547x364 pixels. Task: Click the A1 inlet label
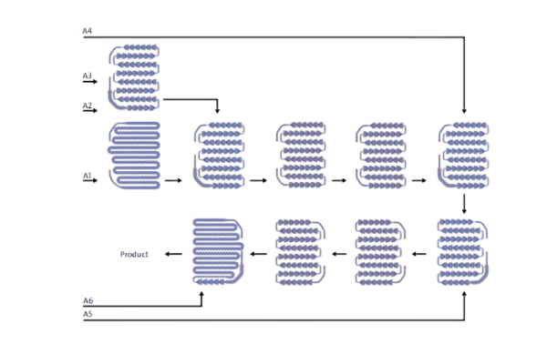click(88, 175)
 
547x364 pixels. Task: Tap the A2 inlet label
click(88, 106)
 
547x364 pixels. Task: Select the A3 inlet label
click(88, 76)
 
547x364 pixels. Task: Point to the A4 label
click(88, 32)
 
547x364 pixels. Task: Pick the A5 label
click(88, 314)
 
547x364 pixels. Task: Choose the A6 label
click(88, 300)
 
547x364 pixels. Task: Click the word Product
click(135, 254)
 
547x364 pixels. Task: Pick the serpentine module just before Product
click(220, 251)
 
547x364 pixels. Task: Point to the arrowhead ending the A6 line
click(201, 291)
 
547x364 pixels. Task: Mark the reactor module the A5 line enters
click(464, 251)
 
